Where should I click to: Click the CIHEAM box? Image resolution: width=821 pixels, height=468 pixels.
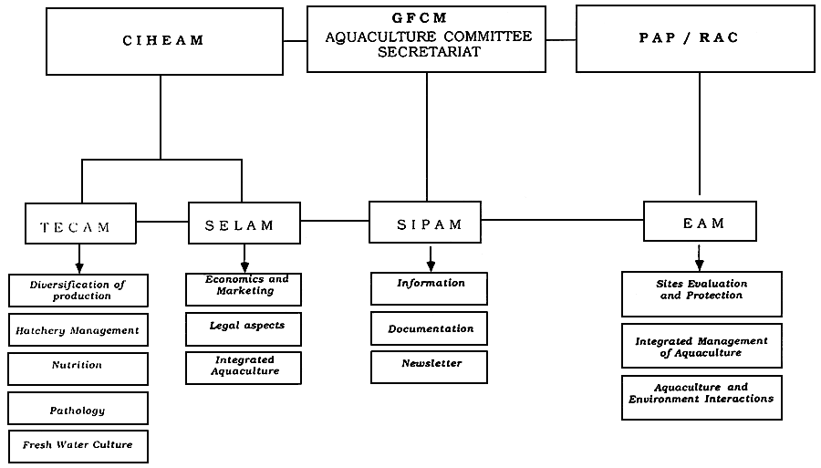164,42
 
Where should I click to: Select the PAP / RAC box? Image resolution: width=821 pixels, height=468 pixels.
695,38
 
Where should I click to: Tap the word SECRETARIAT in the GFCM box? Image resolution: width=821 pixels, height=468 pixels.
426,53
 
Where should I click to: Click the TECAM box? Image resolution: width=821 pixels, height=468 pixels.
80,224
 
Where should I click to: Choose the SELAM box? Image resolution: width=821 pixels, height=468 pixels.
244,224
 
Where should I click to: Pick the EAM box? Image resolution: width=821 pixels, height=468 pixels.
700,222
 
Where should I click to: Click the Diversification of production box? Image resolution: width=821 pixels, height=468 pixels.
78,290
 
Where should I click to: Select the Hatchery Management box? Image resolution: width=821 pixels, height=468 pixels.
78,330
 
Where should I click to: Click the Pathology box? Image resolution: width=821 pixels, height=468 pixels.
78,409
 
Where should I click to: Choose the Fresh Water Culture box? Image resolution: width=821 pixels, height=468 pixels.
78,446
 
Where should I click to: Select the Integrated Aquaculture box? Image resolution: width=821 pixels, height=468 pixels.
244,368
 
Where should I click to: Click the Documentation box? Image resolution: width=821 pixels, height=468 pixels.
430,328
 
